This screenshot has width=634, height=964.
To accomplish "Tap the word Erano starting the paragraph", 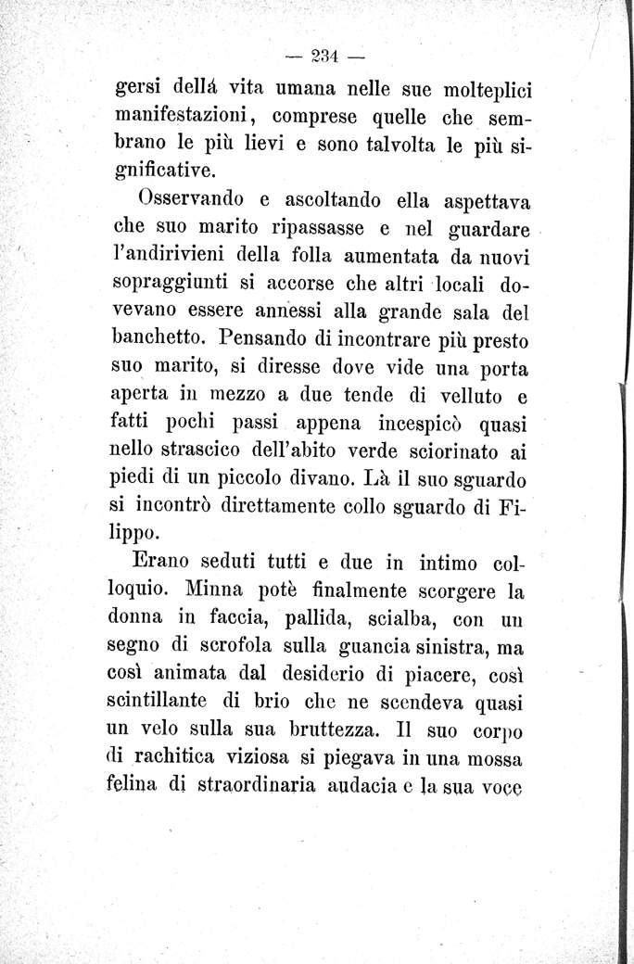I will [161, 562].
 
